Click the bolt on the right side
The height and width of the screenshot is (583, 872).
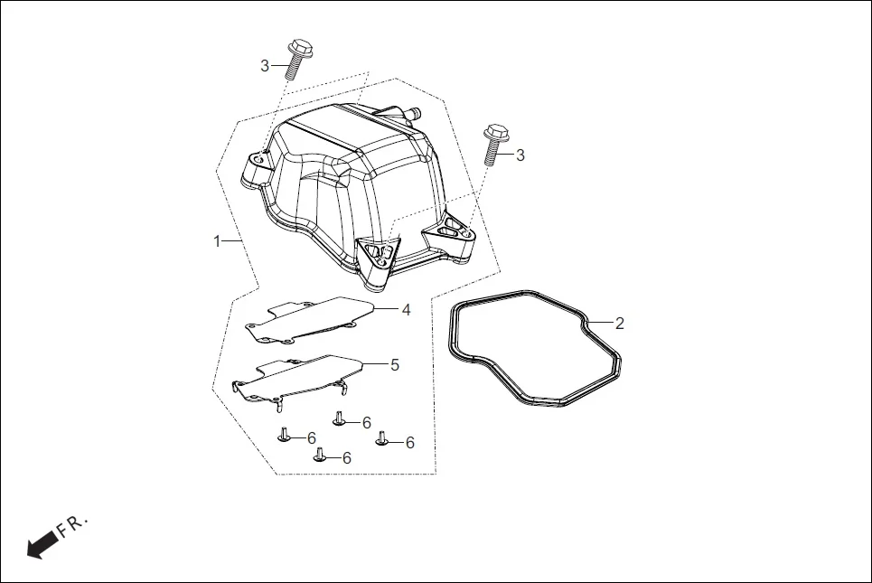(x=492, y=144)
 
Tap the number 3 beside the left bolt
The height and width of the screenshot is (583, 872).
(x=265, y=65)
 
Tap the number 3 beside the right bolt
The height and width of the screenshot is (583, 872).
(x=520, y=155)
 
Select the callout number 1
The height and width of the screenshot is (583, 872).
(x=217, y=241)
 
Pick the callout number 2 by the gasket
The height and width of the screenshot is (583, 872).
(x=619, y=323)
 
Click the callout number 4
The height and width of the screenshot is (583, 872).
(x=407, y=309)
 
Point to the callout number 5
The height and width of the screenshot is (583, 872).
(x=395, y=364)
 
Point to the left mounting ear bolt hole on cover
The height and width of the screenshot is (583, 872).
(x=257, y=160)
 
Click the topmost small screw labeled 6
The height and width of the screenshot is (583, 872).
(x=339, y=418)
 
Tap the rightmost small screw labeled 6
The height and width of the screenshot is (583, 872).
(x=382, y=438)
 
